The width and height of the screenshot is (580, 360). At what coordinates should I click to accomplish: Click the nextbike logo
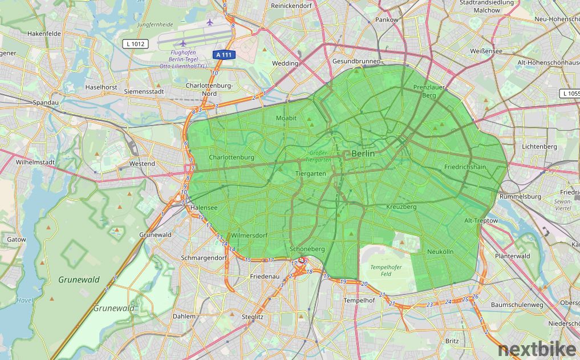tap(538, 350)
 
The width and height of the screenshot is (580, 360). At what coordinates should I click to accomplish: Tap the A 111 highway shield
tap(225, 55)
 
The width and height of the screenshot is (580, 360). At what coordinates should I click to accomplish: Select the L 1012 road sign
tap(135, 44)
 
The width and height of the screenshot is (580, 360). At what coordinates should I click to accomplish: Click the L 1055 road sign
tap(570, 93)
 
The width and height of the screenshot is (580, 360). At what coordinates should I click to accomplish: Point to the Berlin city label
tap(363, 153)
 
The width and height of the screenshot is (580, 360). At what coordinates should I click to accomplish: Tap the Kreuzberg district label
tap(401, 207)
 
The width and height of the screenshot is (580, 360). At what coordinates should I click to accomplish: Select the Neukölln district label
tap(440, 252)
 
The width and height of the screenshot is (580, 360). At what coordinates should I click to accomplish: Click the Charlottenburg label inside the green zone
tap(231, 157)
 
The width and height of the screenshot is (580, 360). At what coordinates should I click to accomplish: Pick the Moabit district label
tap(286, 118)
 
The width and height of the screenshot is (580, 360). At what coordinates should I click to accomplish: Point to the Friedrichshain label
tap(465, 167)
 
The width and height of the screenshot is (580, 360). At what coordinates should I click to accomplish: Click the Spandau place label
tap(46, 103)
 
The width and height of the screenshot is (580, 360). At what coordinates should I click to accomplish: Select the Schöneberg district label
tap(307, 249)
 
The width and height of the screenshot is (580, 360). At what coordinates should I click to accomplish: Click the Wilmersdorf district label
tap(249, 235)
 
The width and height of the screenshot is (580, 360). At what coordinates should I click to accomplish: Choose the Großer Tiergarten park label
tap(319, 156)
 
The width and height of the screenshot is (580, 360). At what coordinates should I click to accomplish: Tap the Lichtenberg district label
tap(539, 147)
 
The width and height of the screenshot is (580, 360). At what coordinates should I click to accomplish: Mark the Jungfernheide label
tap(155, 25)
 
